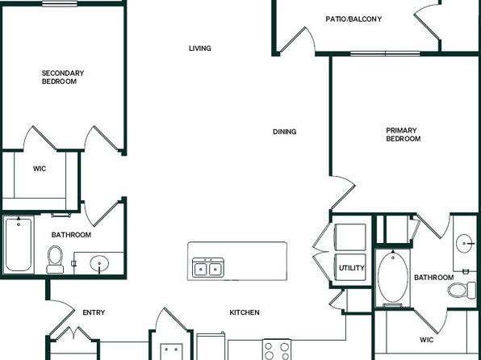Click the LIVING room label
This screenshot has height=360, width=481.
pos(200,48)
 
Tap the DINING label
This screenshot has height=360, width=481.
pos(285,132)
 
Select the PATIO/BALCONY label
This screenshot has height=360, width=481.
pos(353,19)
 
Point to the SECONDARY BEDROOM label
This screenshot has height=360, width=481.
pos(63,77)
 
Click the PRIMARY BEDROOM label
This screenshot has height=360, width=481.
pos(403,135)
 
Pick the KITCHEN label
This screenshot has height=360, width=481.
pos(245,312)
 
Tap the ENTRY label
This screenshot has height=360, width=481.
pos(94,312)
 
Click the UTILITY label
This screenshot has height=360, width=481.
pos(352,268)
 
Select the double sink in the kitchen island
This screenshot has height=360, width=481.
pos(208,267)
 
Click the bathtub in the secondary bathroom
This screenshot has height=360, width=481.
pos(19,245)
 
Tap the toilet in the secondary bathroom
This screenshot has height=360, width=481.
pos(55,260)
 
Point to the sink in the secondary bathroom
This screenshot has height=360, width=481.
pos(99,263)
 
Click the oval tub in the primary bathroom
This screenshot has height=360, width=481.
pos(393,278)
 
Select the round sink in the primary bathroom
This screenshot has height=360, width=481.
pos(464,244)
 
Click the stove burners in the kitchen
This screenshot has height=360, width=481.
pos(277,350)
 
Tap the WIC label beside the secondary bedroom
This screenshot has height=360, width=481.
pos(40,169)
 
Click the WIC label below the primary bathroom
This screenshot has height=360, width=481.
pos(427,340)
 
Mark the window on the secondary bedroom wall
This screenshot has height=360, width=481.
pos(60,4)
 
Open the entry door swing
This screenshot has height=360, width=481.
pos(62,318)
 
